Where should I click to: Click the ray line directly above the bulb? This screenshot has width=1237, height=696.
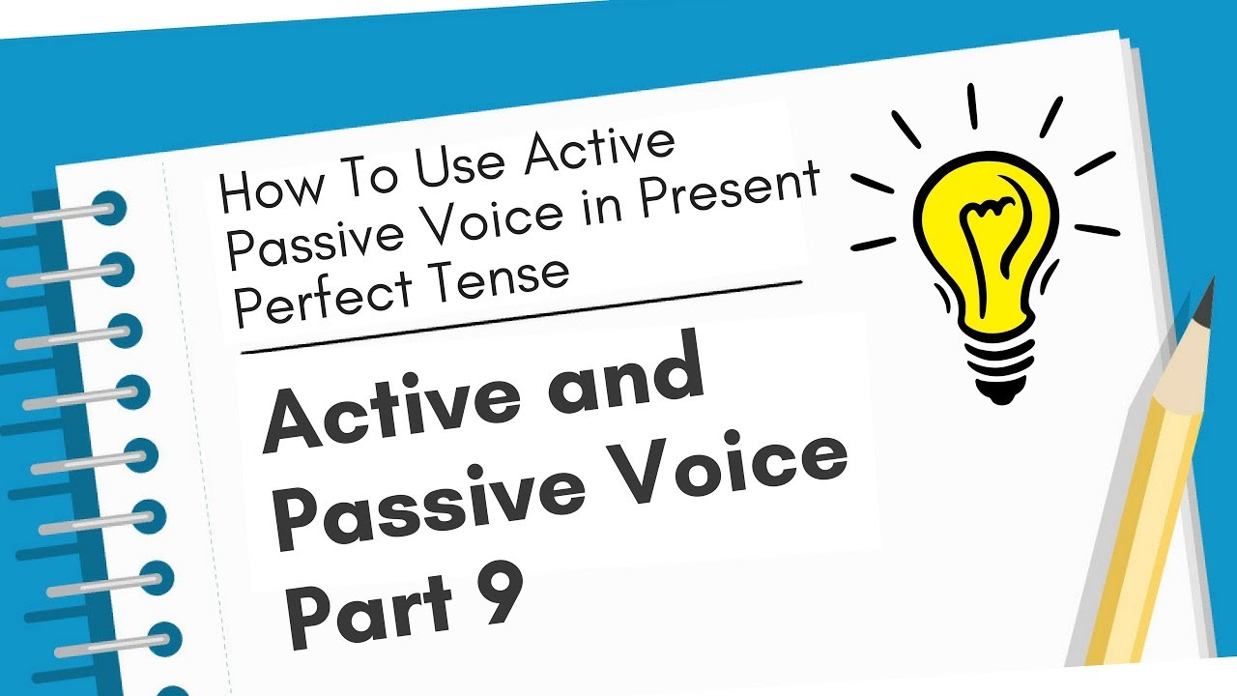972,106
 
